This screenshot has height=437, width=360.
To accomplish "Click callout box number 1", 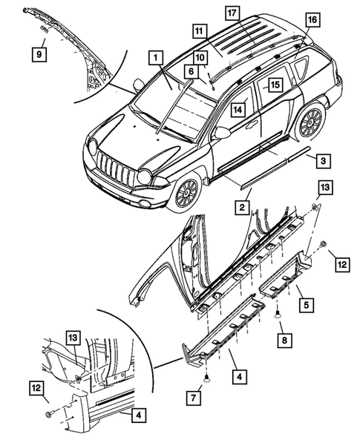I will click(x=155, y=56).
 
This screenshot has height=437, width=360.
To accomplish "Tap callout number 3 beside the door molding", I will click(x=320, y=160).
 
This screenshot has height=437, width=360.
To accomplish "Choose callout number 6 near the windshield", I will click(x=190, y=70).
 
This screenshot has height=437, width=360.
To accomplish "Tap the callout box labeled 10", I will click(x=201, y=58).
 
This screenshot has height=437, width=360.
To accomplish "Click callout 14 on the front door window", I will click(x=238, y=109).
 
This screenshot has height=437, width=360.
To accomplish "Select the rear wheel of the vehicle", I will click(x=310, y=122).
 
